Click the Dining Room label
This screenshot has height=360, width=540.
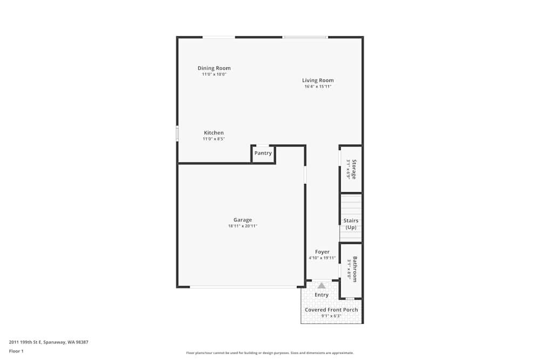tap(214, 68)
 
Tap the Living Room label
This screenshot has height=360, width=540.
tap(318, 80)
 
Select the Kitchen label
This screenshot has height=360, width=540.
tap(213, 133)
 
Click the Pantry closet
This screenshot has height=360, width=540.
tap(263, 153)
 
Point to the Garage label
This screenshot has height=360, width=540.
tap(242, 220)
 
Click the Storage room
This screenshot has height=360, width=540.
tap(351, 169)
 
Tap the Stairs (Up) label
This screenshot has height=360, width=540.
tap(351, 223)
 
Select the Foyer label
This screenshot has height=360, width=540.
tap(322, 252)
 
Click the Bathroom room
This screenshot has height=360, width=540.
tap(351, 269)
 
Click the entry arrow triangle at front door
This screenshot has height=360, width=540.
tap(321, 285)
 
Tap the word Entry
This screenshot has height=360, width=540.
tap(321, 295)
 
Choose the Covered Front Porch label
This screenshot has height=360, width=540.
tap(331, 310)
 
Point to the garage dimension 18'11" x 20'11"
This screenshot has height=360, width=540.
tap(242, 226)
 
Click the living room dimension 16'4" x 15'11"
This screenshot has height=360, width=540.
tap(318, 86)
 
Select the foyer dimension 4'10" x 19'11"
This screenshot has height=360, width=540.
tap(322, 258)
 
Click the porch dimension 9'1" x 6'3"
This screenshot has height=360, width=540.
tap(331, 316)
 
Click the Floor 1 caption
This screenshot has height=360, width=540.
tap(16, 351)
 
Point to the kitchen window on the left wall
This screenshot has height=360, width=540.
tap(177, 133)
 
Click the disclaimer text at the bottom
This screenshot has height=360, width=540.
tap(270, 353)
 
